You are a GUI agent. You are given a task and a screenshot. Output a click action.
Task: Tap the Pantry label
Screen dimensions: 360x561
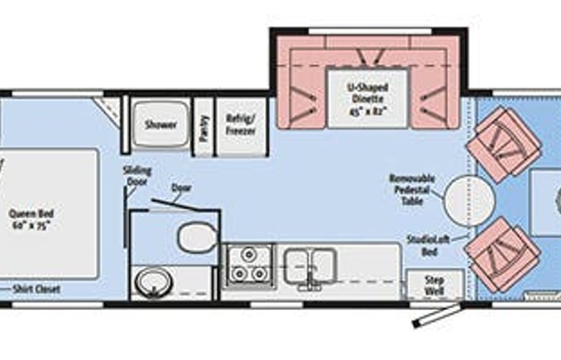[203, 127]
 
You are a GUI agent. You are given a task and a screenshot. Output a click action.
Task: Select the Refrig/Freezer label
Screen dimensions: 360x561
[239, 124]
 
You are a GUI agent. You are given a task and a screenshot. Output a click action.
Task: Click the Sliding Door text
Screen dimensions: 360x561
[137, 176]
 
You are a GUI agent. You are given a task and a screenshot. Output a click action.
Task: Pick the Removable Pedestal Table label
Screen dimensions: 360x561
[411, 190]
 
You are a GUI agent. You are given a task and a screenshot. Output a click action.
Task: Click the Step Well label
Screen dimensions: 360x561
[434, 285]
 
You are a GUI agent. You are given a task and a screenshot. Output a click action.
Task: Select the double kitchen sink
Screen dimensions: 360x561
[309, 266]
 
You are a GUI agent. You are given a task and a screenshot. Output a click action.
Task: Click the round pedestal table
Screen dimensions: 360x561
[469, 200]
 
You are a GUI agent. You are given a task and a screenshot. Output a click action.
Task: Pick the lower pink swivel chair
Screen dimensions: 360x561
[504, 254]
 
